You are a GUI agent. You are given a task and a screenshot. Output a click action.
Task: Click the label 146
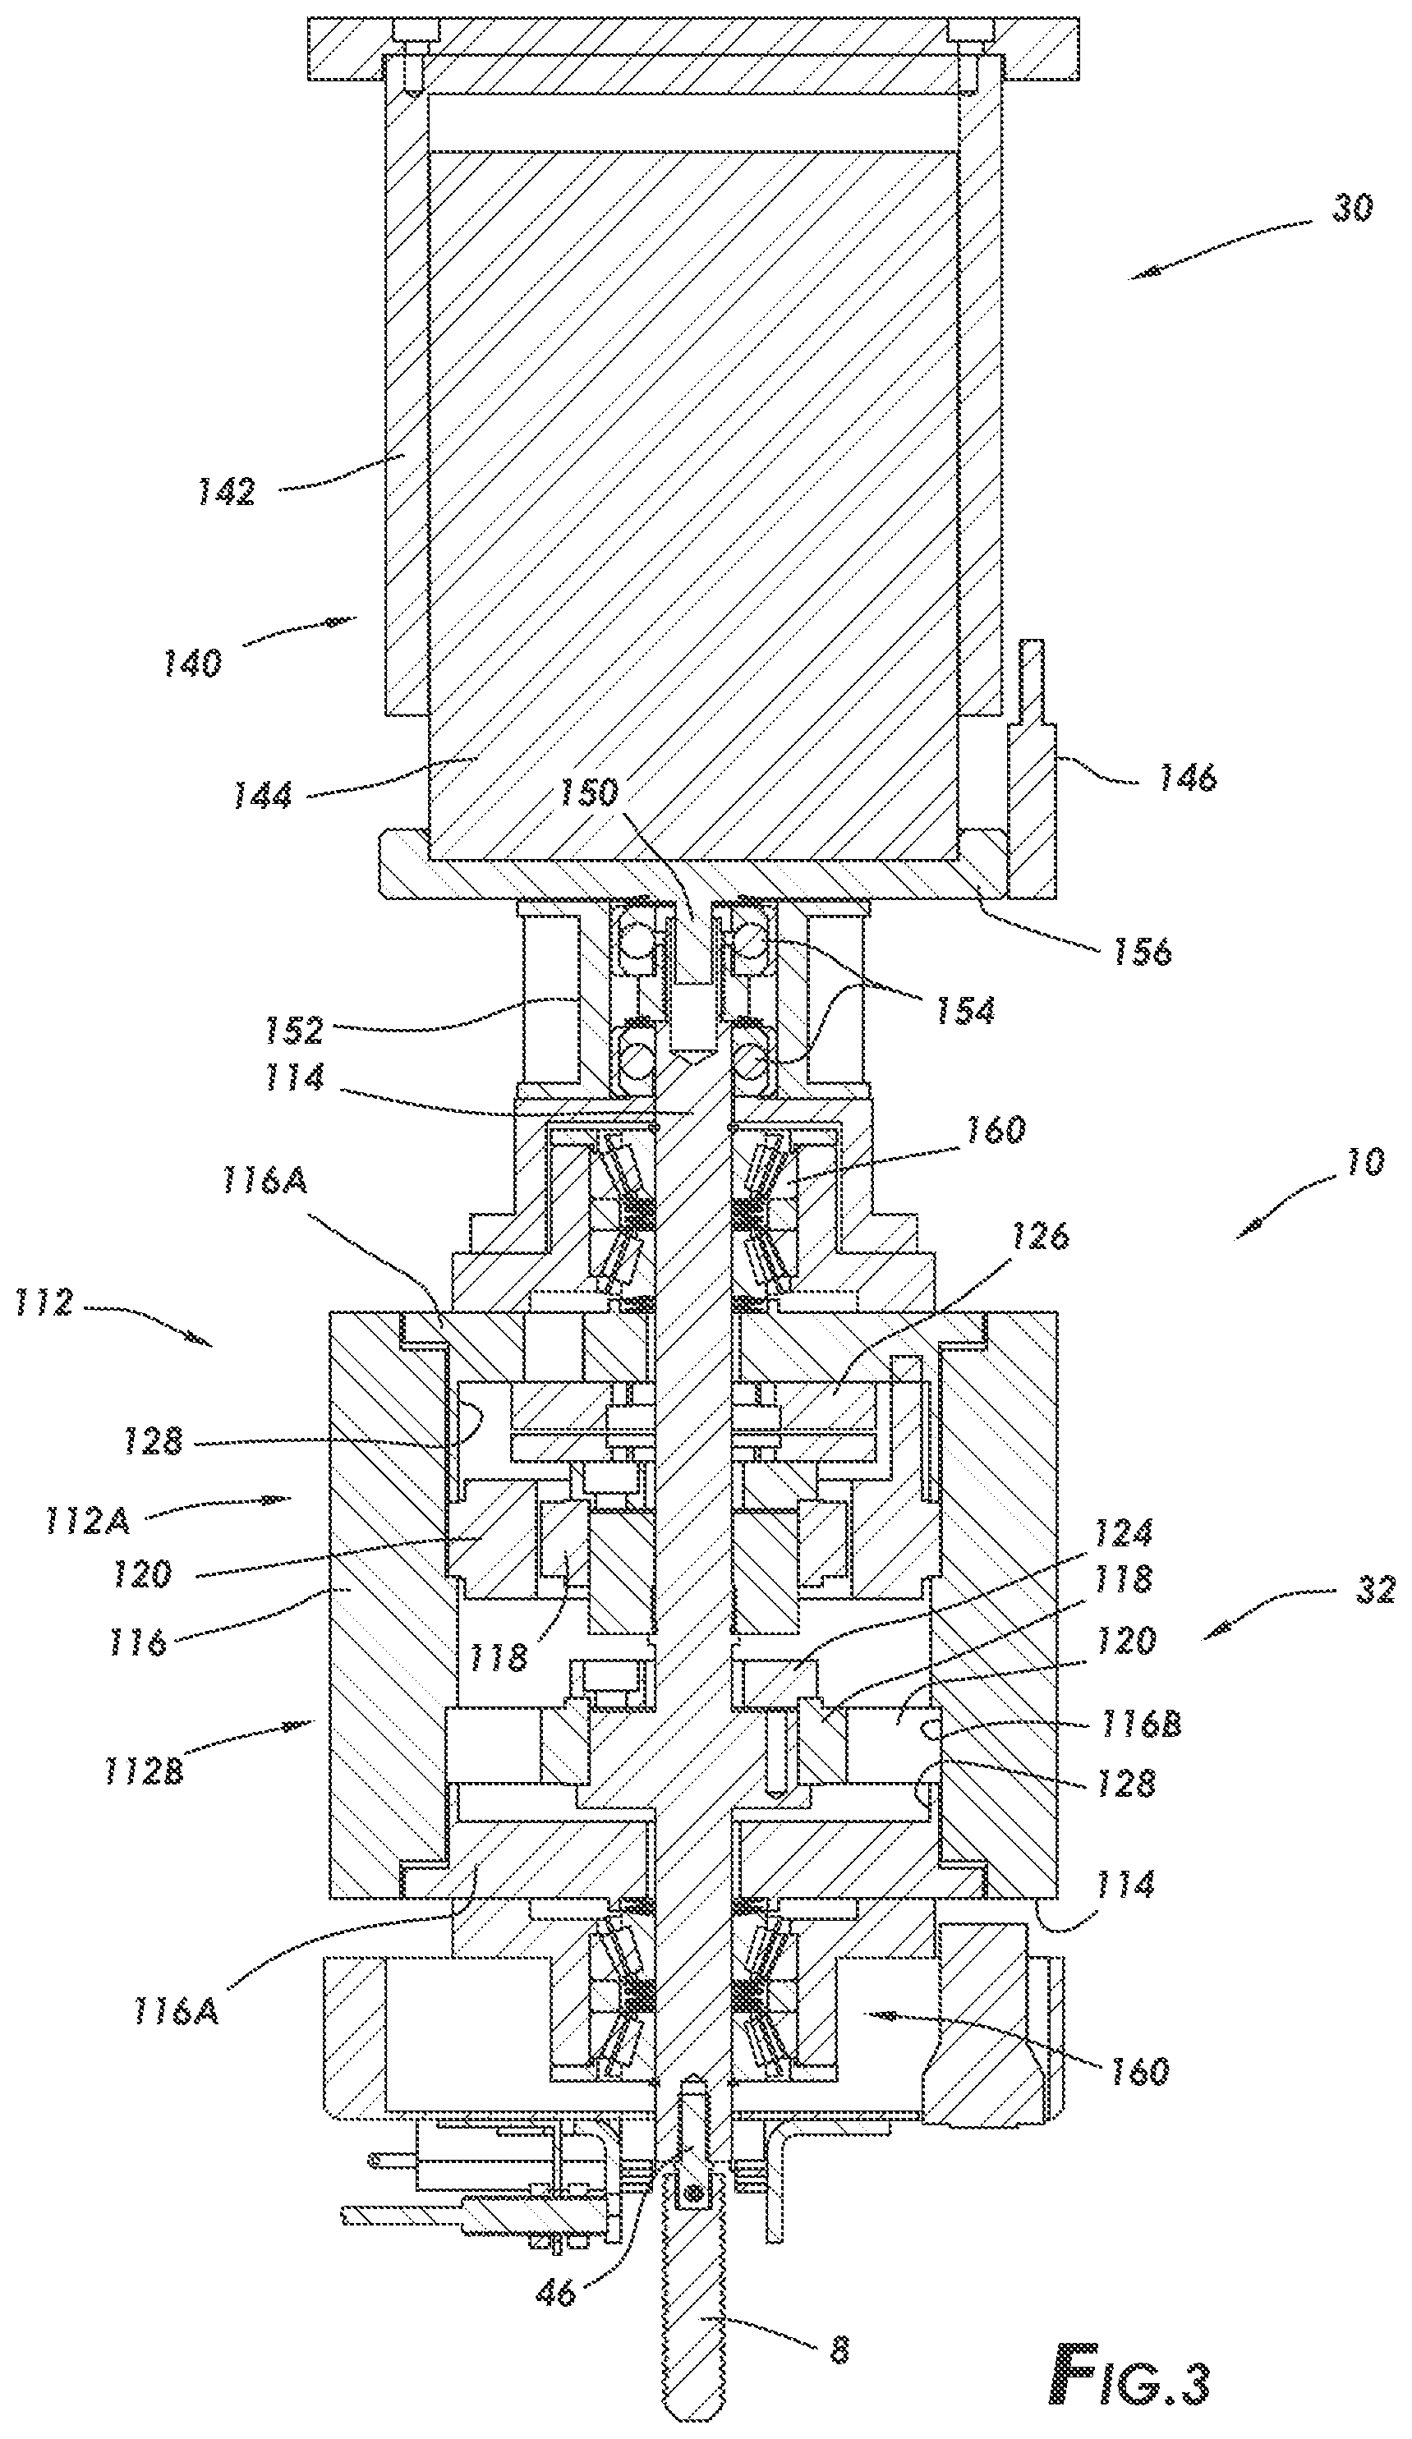(1185, 777)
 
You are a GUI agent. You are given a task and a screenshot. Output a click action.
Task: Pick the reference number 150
(587, 792)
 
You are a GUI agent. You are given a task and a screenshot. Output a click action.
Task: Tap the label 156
(1142, 950)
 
